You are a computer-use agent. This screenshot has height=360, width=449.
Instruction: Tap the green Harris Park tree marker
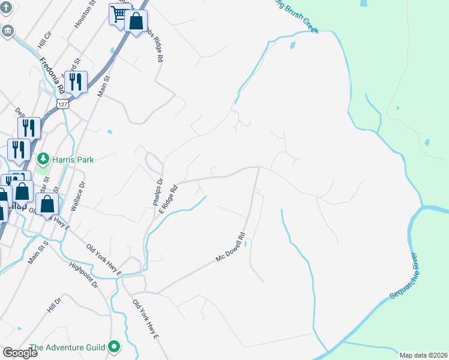tap(43, 159)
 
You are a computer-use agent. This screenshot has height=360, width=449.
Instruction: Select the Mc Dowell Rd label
tap(231, 247)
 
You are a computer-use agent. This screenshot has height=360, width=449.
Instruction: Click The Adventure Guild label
tap(67, 347)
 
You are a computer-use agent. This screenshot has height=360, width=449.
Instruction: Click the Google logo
tap(20, 353)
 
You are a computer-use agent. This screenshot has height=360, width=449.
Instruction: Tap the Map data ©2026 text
tap(424, 355)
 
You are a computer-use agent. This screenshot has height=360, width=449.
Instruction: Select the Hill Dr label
tap(54, 305)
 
